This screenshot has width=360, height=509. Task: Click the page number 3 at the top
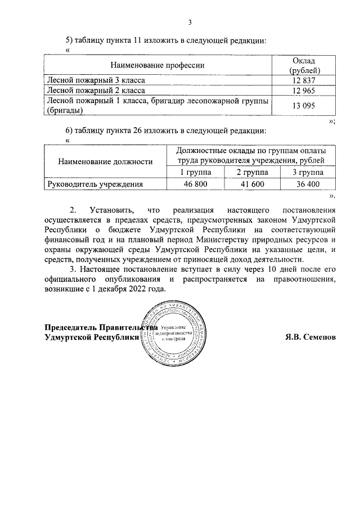pyautogui.click(x=190, y=22)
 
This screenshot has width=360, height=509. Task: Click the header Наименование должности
pyautogui.click(x=105, y=161)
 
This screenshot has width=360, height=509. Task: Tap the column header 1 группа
pyautogui.click(x=195, y=172)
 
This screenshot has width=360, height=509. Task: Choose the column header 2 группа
pyautogui.click(x=251, y=172)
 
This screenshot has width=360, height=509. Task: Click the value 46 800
pyautogui.click(x=195, y=183)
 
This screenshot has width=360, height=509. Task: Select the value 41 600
pyautogui.click(x=251, y=183)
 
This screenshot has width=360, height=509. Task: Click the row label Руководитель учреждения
pyautogui.click(x=94, y=183)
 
